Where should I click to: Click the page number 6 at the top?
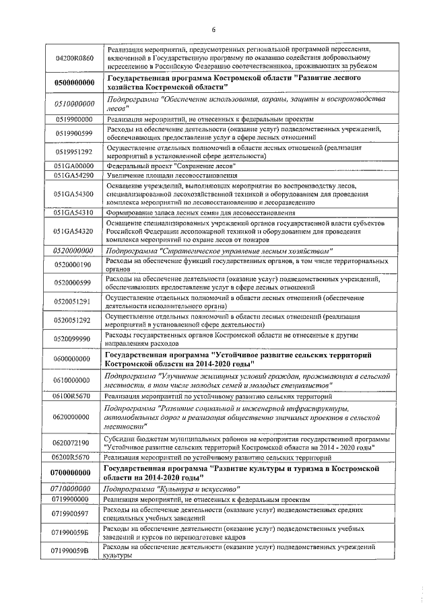pyautogui.click(x=213, y=29)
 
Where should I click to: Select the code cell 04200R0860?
pyautogui.click(x=74, y=59)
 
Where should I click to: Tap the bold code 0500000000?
pyautogui.click(x=74, y=83)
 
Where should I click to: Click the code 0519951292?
pyautogui.click(x=74, y=153)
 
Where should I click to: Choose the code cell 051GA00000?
pyautogui.click(x=74, y=166)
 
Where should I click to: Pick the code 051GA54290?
pyautogui.click(x=74, y=175)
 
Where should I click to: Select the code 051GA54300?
pyautogui.click(x=74, y=194)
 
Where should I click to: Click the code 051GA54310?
pyautogui.click(x=74, y=213)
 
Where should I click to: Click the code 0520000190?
pyautogui.click(x=74, y=264)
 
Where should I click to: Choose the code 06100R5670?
pyautogui.click(x=74, y=397)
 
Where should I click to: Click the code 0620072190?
pyautogui.click(x=74, y=443)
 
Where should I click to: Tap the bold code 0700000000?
pyautogui.click(x=74, y=473)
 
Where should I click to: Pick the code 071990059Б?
pyautogui.click(x=74, y=533)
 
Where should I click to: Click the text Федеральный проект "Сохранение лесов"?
pyautogui.click(x=166, y=166)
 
